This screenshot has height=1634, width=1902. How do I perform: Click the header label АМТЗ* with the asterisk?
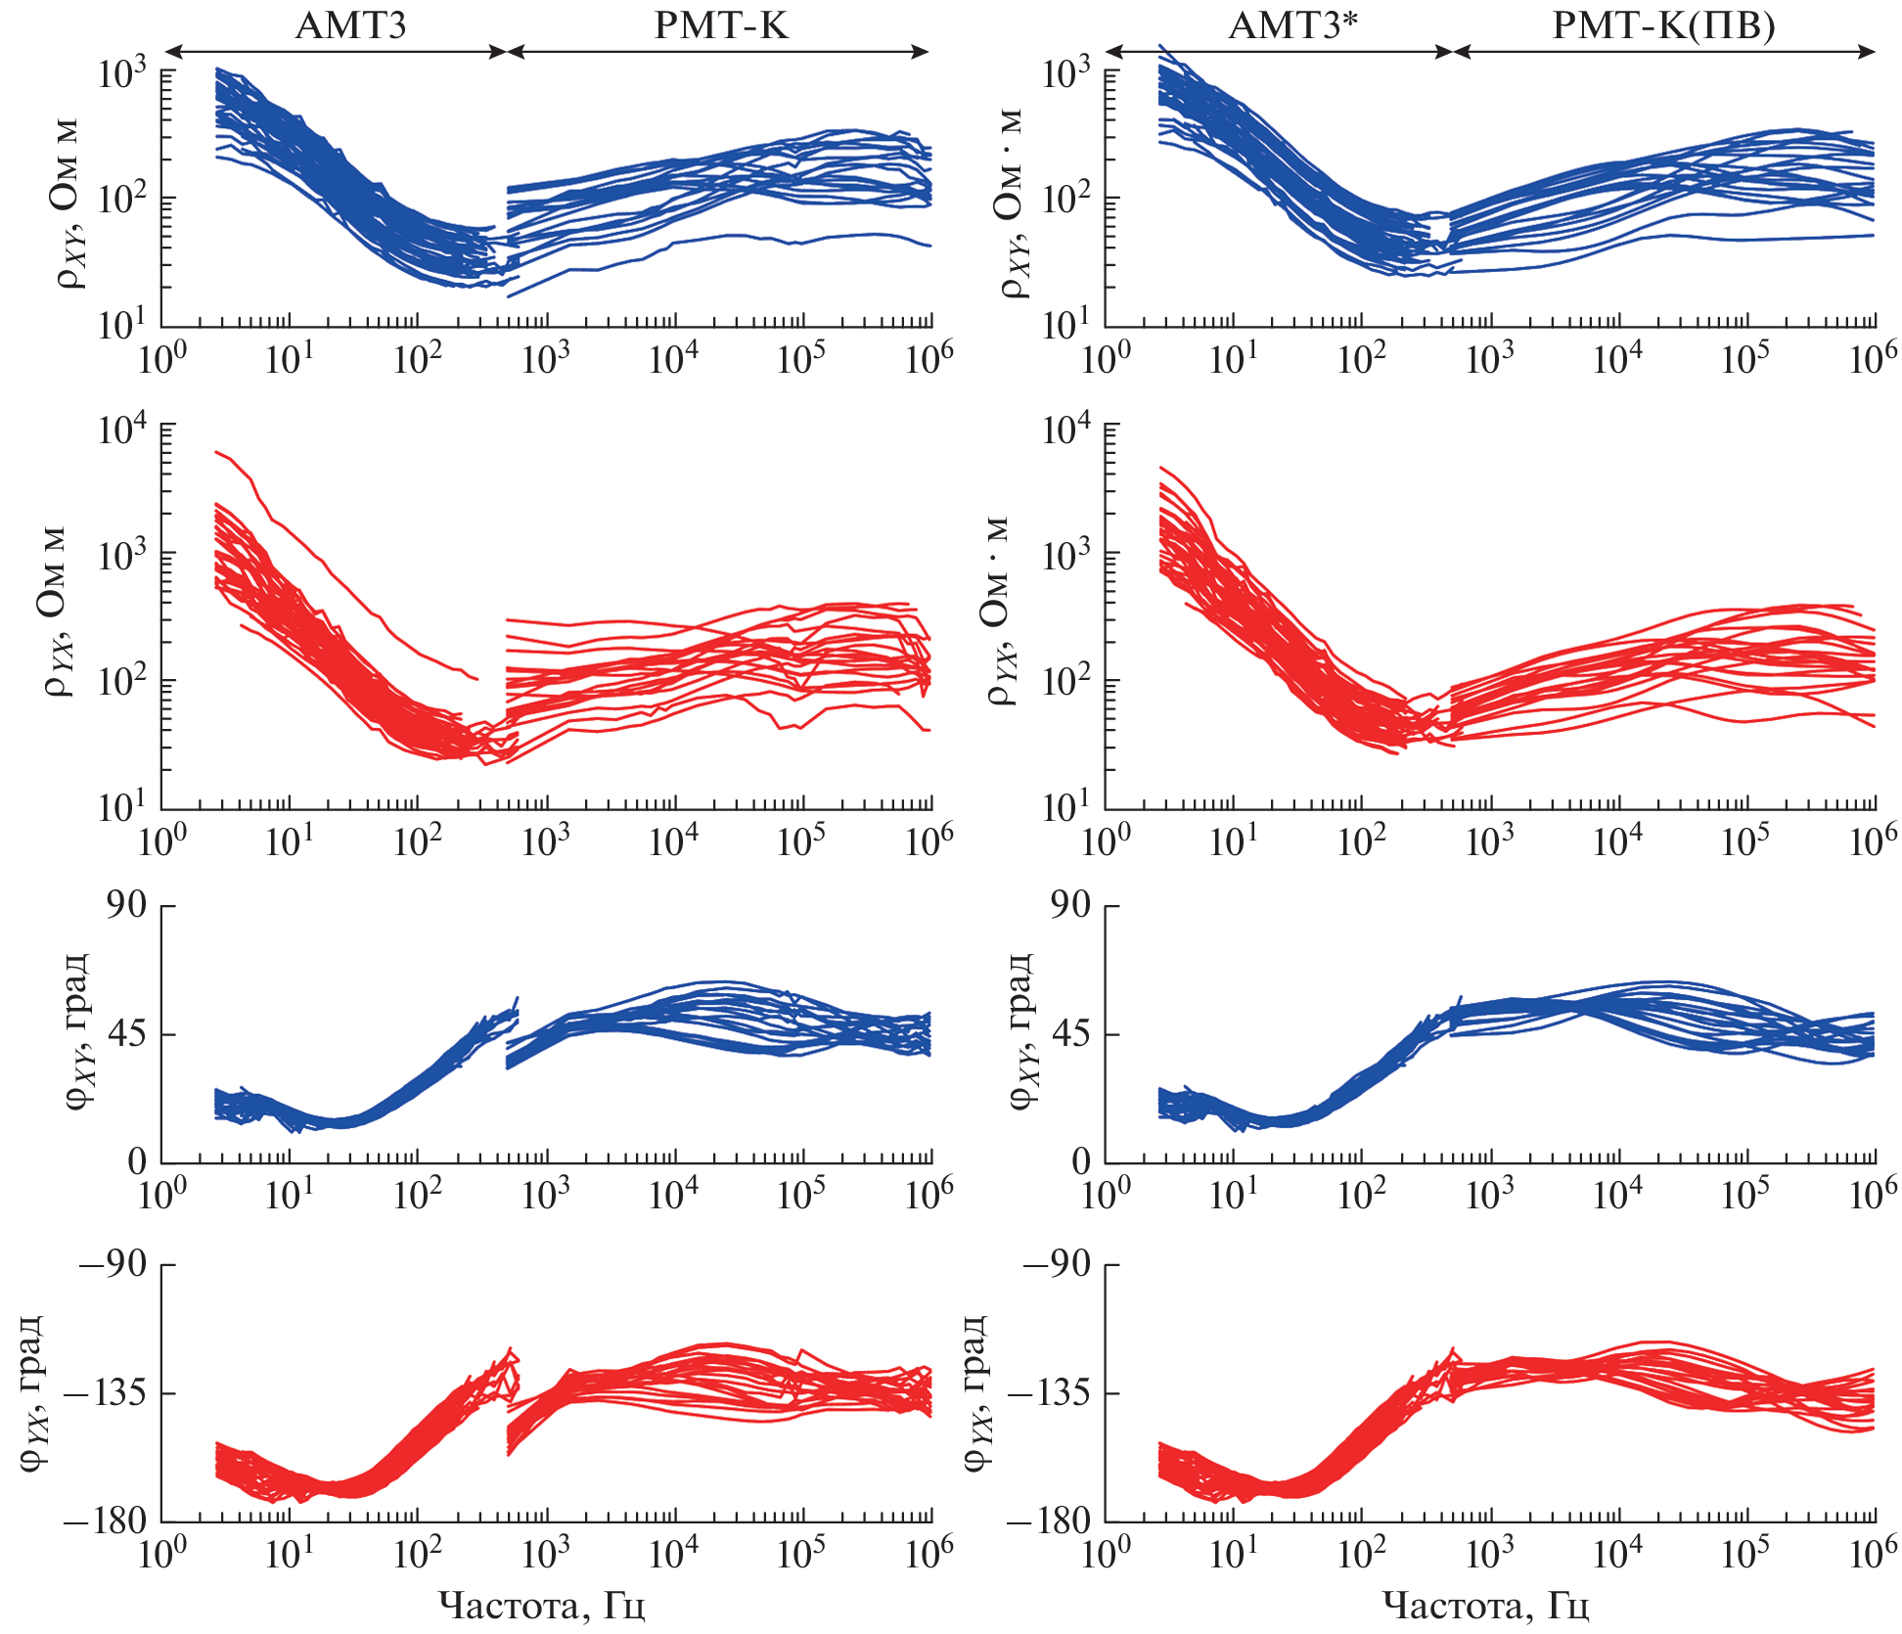click(x=1292, y=25)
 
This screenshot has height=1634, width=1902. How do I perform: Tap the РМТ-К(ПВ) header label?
click(x=1663, y=25)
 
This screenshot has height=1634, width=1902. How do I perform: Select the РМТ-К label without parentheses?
click(x=720, y=25)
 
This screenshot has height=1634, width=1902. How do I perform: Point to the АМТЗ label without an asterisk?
click(x=350, y=25)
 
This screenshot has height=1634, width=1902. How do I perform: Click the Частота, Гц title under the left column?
click(x=541, y=1606)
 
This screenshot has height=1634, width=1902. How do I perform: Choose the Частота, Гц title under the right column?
click(x=1485, y=1606)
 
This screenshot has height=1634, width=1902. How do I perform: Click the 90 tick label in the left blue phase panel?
click(x=126, y=905)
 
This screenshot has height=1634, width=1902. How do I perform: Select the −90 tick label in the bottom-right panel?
click(x=1057, y=1263)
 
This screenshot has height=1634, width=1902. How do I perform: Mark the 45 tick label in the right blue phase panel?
click(x=1070, y=1034)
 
